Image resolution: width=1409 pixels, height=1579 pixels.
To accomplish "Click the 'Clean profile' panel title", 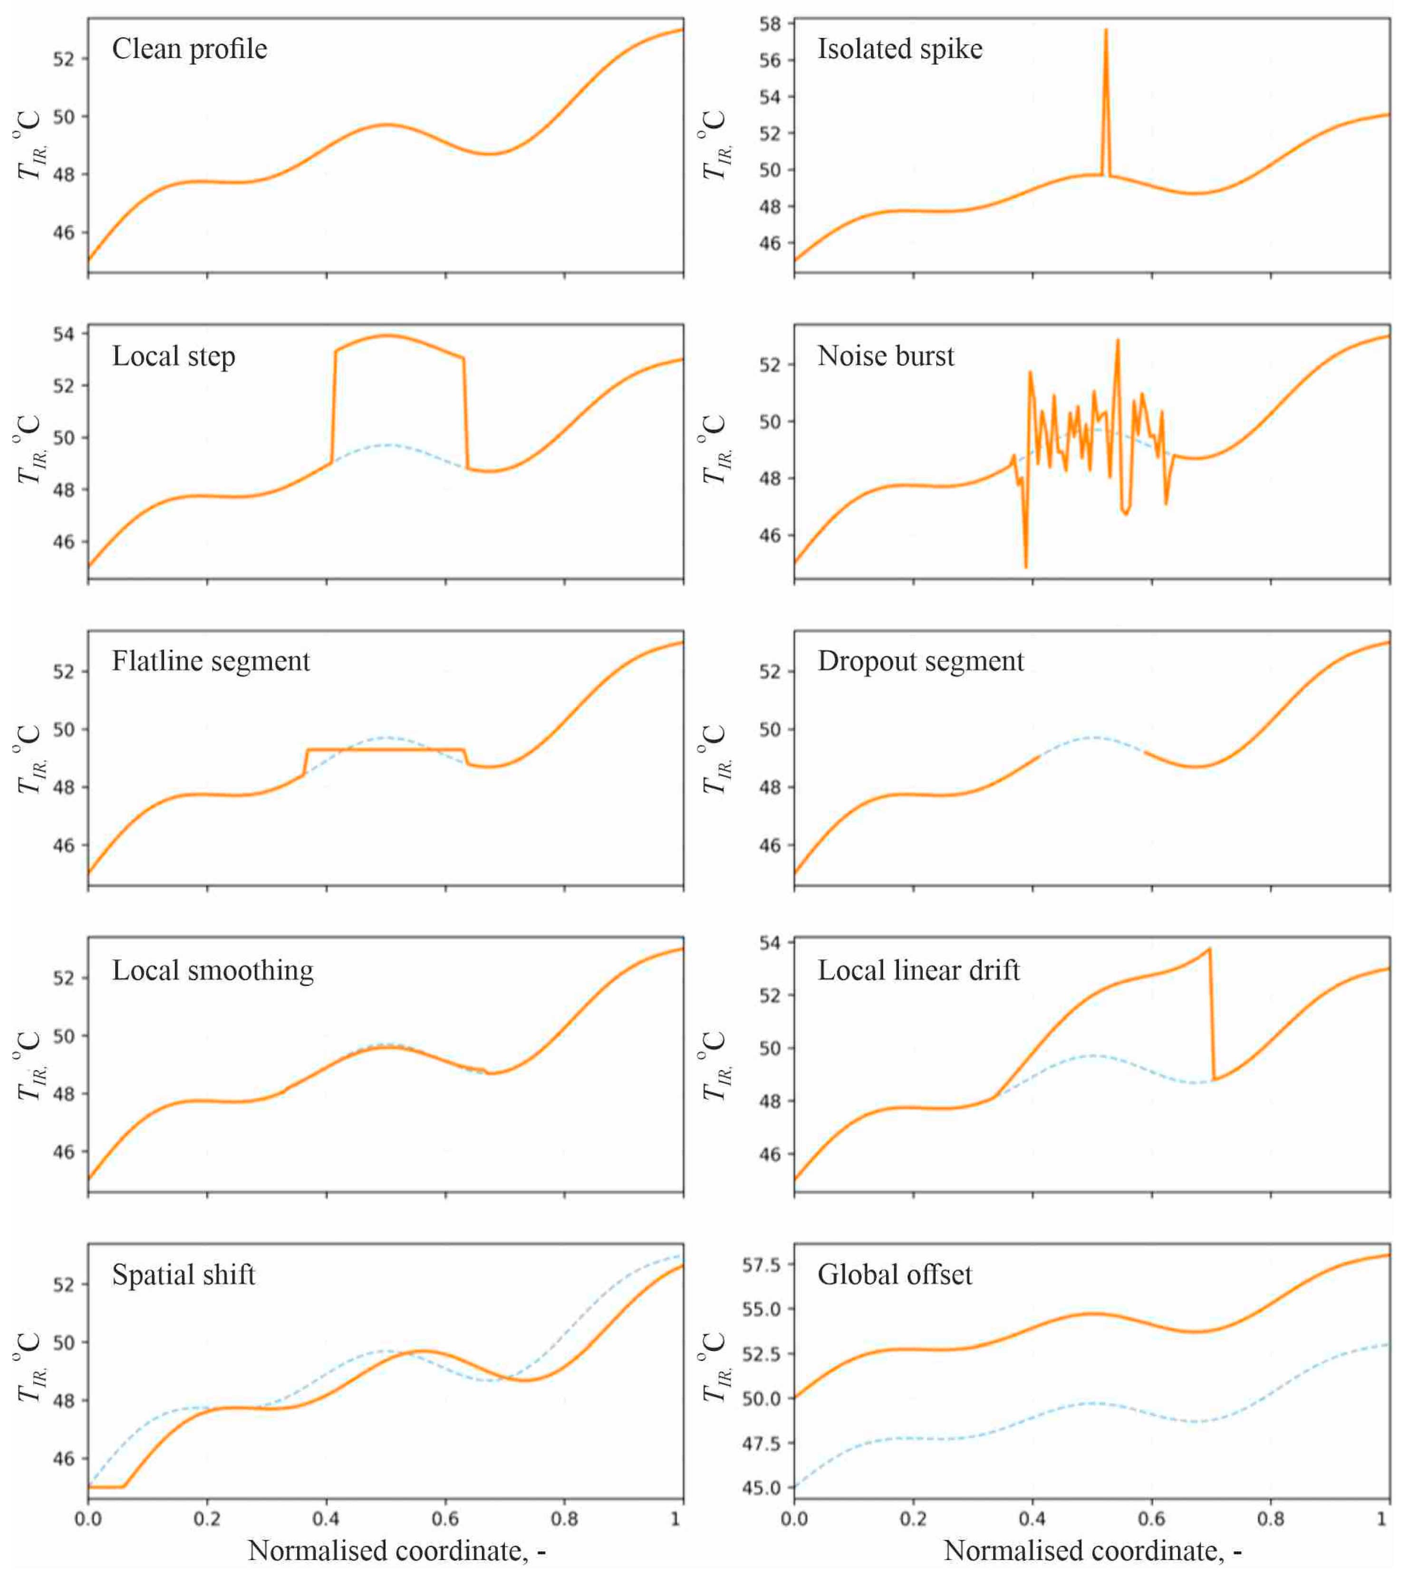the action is [x=190, y=49].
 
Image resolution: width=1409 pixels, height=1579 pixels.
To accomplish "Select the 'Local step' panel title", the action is [x=174, y=356].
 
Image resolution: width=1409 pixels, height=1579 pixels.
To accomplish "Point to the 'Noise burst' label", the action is [x=886, y=355].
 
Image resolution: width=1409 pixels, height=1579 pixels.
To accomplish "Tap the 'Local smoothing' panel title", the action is [x=213, y=970].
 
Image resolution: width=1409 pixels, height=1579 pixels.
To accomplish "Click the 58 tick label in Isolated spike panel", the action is [x=770, y=24].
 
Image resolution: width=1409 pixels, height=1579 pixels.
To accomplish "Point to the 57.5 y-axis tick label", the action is [x=762, y=1265].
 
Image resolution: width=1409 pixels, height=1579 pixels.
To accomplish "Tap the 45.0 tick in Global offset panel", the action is [x=762, y=1488].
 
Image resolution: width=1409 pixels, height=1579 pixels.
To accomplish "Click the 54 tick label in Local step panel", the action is [x=64, y=335].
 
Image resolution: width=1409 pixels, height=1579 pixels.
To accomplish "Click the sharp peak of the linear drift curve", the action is [x=1209, y=949].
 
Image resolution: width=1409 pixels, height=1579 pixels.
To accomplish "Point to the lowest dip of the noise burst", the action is [x=1026, y=567].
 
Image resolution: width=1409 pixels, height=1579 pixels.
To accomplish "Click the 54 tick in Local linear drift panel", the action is [x=770, y=943].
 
